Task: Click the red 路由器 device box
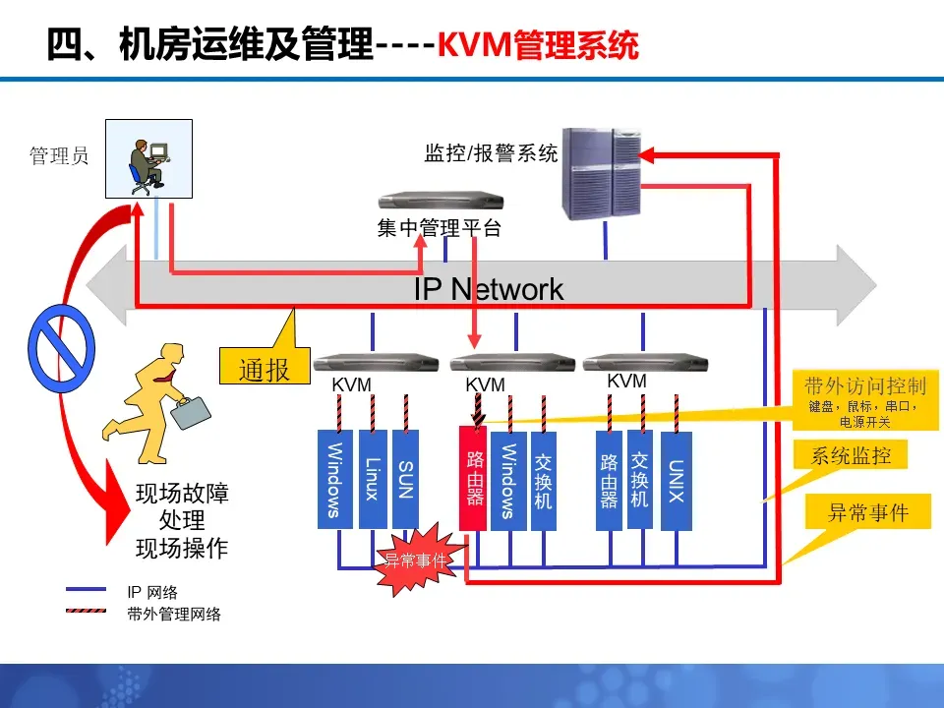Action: pyautogui.click(x=473, y=479)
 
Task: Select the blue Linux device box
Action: pyautogui.click(x=373, y=479)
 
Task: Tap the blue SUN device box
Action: pyautogui.click(x=405, y=479)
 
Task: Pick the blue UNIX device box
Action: pyautogui.click(x=677, y=481)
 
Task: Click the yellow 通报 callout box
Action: pyautogui.click(x=265, y=366)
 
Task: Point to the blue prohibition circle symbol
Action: pyautogui.click(x=61, y=348)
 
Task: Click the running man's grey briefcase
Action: pyautogui.click(x=190, y=412)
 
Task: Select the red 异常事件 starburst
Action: pyautogui.click(x=419, y=560)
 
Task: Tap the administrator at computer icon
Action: pyautogui.click(x=148, y=159)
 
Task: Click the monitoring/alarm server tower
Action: pyautogui.click(x=602, y=173)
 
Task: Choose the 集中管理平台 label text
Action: pyautogui.click(x=439, y=227)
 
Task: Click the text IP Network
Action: pyautogui.click(x=489, y=289)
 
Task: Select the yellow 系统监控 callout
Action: pyautogui.click(x=850, y=455)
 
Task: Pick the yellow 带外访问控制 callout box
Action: pyautogui.click(x=865, y=399)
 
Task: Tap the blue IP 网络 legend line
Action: pyautogui.click(x=87, y=589)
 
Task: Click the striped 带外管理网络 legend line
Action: pyautogui.click(x=87, y=611)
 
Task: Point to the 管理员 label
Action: pyautogui.click(x=59, y=156)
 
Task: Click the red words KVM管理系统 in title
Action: pyautogui.click(x=538, y=44)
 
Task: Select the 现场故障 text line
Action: pyautogui.click(x=182, y=493)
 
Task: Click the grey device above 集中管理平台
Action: pyautogui.click(x=441, y=201)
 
